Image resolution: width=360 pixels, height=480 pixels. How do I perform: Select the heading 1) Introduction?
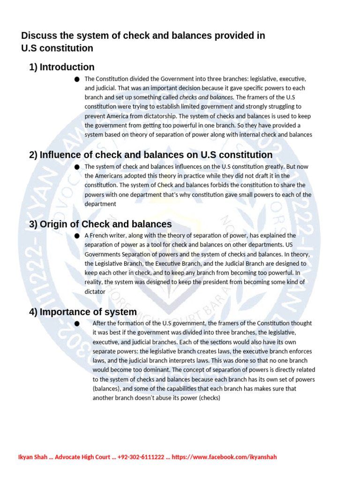61,67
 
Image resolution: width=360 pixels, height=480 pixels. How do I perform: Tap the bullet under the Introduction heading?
77,79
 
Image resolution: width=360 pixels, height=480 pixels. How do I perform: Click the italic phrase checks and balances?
206,97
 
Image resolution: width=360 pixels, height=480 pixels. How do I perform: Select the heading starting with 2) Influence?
150,155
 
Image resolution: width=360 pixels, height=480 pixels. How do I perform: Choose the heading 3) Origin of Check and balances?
100,224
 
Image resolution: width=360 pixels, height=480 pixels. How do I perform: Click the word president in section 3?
215,282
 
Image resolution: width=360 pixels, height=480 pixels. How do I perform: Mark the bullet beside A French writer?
77,236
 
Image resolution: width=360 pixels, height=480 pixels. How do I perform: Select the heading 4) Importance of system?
83,312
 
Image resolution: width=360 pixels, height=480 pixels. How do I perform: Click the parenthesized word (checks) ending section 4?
206,398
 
